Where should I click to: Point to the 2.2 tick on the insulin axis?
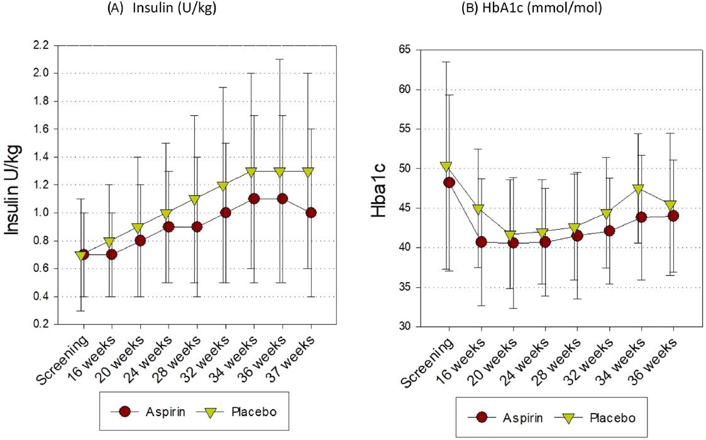coord(40,45)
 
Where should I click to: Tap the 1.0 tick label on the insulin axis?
coord(40,213)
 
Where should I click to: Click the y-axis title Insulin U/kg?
coord(15,189)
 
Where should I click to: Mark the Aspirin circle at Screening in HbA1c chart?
coord(449,183)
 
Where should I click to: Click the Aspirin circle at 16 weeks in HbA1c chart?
coord(481,242)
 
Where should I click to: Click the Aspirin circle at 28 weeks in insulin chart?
coord(197,227)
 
